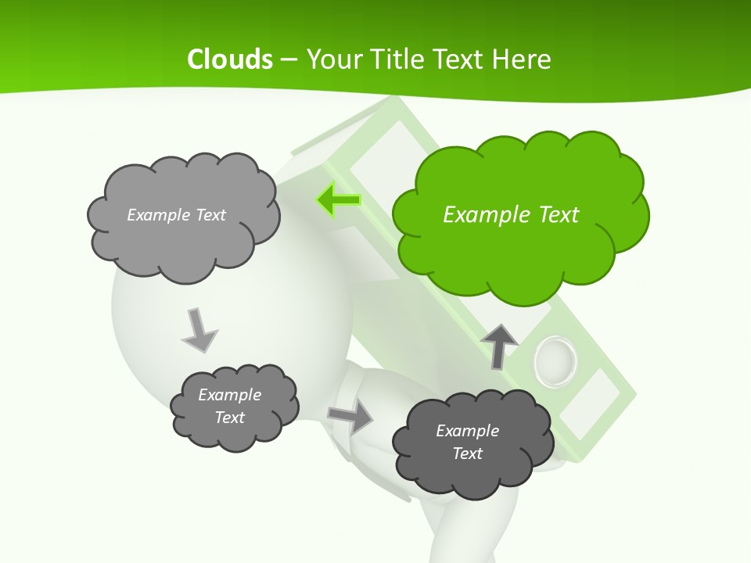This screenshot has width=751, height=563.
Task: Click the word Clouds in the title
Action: (x=230, y=59)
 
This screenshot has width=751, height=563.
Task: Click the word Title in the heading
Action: (x=397, y=59)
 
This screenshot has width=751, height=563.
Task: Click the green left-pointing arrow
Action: (x=339, y=200)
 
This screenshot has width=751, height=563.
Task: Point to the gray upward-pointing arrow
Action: (x=499, y=346)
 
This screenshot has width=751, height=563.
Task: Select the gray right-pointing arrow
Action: (x=350, y=418)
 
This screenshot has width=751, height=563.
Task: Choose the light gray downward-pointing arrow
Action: (x=199, y=331)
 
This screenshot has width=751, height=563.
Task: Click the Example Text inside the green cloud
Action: (x=511, y=215)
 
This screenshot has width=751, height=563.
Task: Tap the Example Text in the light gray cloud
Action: (x=176, y=215)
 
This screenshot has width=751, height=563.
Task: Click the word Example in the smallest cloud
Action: (x=229, y=395)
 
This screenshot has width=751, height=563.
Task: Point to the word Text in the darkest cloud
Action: (x=467, y=454)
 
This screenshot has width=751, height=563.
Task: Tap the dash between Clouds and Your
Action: (x=289, y=59)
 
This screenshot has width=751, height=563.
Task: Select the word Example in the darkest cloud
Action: (x=467, y=431)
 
